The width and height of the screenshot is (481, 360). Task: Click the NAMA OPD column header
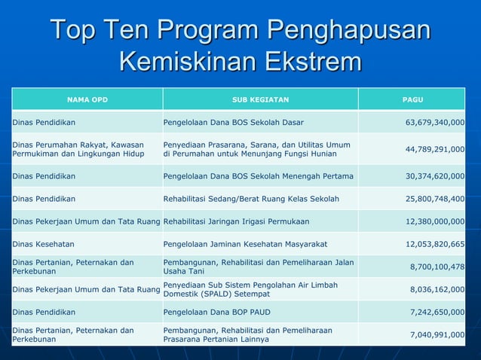87,99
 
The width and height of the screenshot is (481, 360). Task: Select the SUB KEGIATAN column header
260,99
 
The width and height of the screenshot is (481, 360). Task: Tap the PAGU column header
412,99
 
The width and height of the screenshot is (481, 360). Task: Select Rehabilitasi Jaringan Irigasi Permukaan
236,221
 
